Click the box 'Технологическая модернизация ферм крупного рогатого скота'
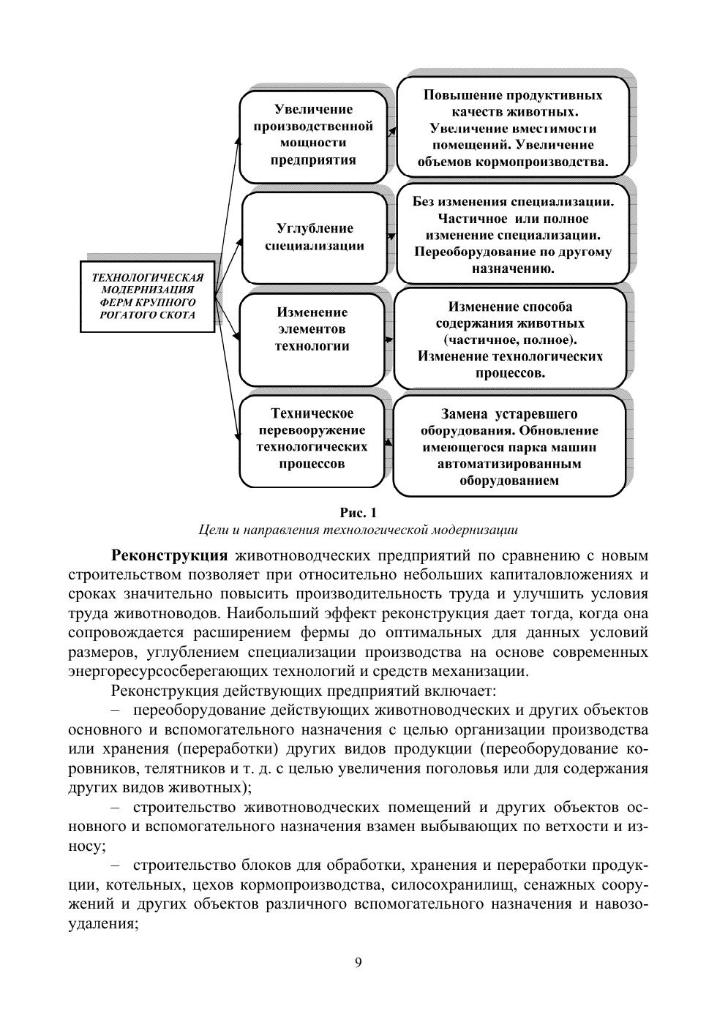tap(147, 297)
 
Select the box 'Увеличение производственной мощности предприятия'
tap(313, 135)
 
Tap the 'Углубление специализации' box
tap(315, 237)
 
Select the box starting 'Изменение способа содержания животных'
tap(510, 339)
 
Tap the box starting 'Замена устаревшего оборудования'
tap(508, 446)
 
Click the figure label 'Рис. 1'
tap(358, 511)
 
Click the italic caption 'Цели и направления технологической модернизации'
tap(358, 530)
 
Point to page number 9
tap(358, 963)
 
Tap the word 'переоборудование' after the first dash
tap(192, 710)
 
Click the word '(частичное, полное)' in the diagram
tap(510, 340)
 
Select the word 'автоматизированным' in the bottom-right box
tap(509, 464)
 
